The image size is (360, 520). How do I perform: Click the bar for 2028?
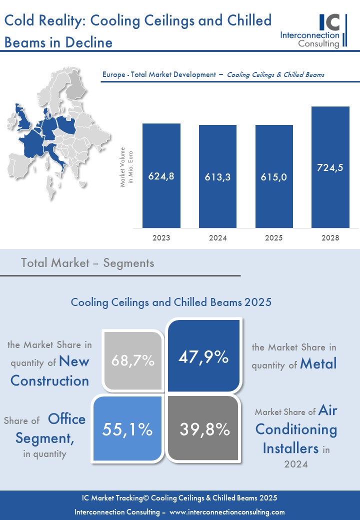point(330,167)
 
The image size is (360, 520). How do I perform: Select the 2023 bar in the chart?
point(161,175)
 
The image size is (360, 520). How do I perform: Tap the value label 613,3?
point(218,177)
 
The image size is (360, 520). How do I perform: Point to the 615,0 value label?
point(274,177)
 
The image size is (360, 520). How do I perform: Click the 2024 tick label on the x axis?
point(218,238)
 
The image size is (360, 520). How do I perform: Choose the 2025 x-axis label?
point(274,238)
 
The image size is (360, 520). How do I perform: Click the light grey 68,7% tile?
point(133,360)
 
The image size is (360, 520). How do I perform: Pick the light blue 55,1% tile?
point(128,429)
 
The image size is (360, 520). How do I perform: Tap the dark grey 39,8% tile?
point(204,429)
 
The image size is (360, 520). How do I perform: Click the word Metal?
point(318,364)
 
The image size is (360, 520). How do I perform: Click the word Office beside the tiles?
point(67,419)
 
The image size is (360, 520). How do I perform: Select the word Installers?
point(290,447)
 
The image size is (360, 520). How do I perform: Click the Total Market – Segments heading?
point(87,263)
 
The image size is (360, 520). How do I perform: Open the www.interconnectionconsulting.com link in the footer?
point(227,512)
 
